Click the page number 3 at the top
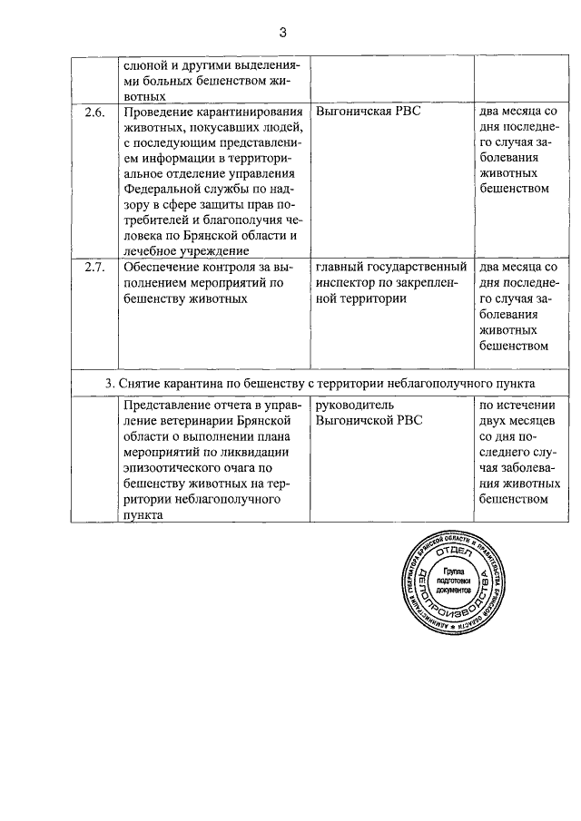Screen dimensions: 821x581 282,34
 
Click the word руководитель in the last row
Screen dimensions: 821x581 355,405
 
